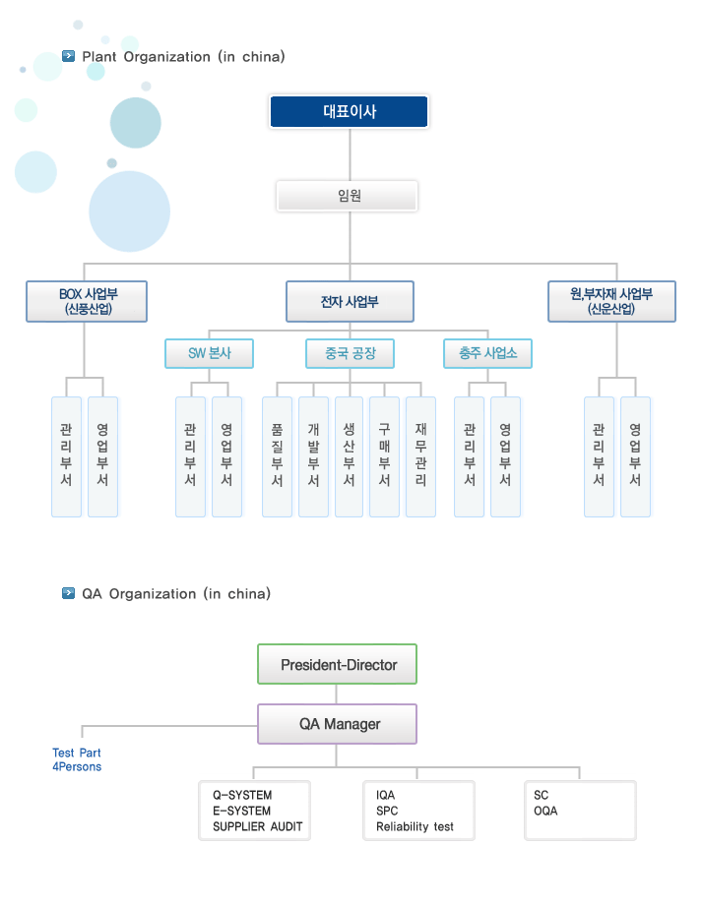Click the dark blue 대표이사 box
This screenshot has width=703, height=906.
350,111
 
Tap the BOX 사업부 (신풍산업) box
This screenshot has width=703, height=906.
87,301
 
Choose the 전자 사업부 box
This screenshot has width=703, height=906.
350,301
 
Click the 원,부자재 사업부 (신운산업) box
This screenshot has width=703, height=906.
611,301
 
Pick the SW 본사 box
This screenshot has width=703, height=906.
210,353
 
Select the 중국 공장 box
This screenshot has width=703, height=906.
350,353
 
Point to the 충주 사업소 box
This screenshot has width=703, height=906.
488,353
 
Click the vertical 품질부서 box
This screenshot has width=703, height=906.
277,456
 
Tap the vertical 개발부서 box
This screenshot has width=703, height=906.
313,456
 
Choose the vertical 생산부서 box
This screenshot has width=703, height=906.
350,456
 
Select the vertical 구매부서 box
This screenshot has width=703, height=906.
384,456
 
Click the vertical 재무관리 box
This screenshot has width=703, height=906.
420,456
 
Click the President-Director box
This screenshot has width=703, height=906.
337,664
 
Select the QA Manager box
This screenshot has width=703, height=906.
337,724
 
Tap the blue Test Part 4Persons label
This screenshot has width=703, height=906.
77,759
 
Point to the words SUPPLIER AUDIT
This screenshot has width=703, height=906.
257,827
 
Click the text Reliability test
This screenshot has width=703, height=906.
415,827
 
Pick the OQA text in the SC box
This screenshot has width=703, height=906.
545,812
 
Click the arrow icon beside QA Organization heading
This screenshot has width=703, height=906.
68,593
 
